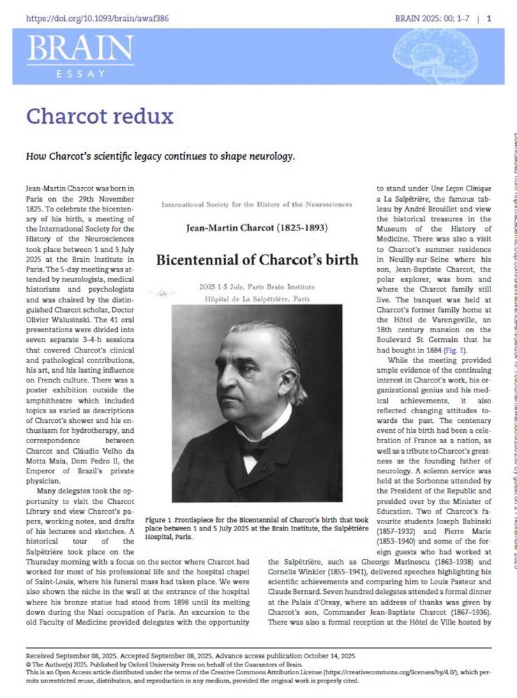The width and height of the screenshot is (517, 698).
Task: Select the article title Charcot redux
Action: pos(100,115)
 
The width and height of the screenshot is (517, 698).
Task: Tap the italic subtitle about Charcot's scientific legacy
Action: pos(160,156)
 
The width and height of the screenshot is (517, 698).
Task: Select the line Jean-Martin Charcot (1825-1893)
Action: pos(256,228)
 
